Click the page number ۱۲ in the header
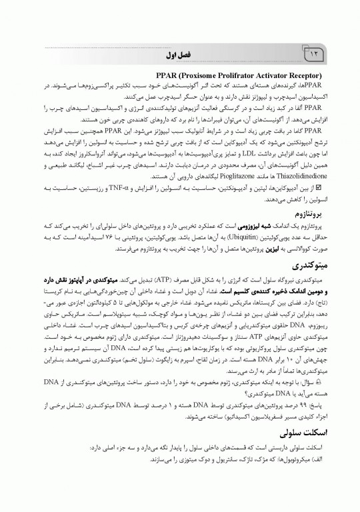pyautogui.click(x=313, y=53)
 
